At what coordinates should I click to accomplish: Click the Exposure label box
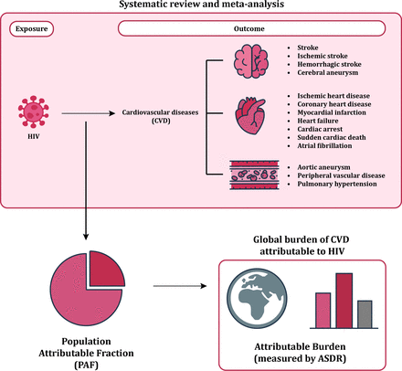[x=31, y=29]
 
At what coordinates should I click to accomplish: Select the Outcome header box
[x=251, y=28]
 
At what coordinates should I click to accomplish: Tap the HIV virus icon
[x=34, y=111]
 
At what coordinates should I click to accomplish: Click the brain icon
[x=251, y=61]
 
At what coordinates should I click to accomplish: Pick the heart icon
[x=250, y=116]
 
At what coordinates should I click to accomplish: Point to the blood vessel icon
[x=254, y=175]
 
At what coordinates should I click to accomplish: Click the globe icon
[x=258, y=298]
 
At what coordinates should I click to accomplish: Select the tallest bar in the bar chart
[x=344, y=301]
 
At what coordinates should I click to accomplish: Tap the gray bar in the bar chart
[x=365, y=314]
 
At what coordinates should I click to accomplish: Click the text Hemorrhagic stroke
[x=329, y=64]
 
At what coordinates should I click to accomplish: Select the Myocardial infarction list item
[x=332, y=112]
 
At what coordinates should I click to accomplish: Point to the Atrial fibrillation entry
[x=324, y=145]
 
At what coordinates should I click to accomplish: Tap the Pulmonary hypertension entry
[x=337, y=184]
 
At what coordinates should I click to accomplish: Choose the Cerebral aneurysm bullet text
[x=328, y=72]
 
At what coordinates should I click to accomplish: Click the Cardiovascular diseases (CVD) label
[x=160, y=116]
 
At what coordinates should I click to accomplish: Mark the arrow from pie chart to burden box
[x=180, y=286]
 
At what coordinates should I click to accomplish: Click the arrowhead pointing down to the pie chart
[x=86, y=237]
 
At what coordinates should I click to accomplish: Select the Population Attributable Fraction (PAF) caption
[x=86, y=353]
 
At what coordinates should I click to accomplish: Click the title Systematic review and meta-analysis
[x=201, y=5]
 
